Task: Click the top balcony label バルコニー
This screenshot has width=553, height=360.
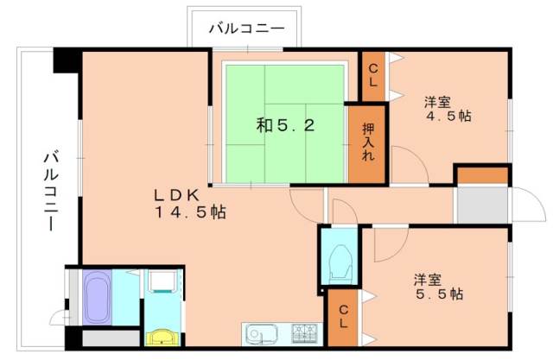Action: tap(246, 29)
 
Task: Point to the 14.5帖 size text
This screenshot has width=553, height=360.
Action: tap(190, 212)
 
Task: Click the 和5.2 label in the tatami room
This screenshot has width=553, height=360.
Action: tap(285, 125)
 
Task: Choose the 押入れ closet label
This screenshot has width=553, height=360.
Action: tap(366, 143)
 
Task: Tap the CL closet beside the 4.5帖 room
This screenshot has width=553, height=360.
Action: tap(373, 76)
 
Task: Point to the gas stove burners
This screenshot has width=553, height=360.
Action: tap(304, 332)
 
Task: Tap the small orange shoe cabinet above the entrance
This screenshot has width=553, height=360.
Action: tap(482, 175)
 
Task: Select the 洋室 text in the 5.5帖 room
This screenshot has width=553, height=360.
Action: tap(428, 279)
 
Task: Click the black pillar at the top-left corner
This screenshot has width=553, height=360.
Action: tap(66, 62)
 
